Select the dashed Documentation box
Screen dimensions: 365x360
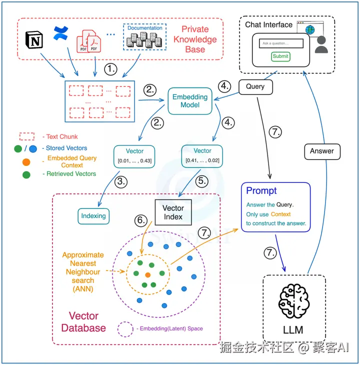[144, 37]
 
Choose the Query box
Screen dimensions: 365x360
[255, 86]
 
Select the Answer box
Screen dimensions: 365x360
[321, 150]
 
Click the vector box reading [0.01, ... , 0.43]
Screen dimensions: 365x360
[134, 155]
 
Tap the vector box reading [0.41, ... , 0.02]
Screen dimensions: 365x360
[202, 155]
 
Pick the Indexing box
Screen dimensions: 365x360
[93, 215]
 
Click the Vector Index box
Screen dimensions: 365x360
[173, 212]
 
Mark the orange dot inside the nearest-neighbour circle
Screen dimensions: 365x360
[147, 275]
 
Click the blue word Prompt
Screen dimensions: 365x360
[261, 190]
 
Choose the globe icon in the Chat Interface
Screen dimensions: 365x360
[310, 30]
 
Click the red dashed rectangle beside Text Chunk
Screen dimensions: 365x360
[27, 136]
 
